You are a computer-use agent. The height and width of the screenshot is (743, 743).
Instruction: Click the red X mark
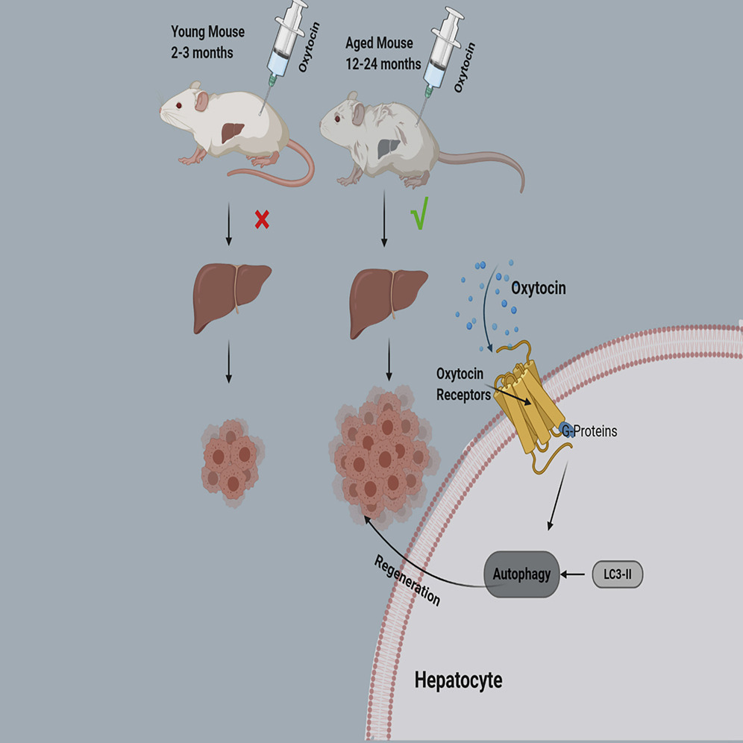[x=261, y=220]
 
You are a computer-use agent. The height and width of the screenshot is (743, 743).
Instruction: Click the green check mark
[x=418, y=217]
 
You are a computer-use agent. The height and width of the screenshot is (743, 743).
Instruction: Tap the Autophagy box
[x=522, y=574]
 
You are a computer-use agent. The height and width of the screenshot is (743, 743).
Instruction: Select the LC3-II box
[x=617, y=574]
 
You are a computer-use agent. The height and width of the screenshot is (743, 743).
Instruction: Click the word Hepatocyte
[x=458, y=680]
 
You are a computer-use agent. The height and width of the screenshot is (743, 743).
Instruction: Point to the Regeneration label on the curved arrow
[x=407, y=579]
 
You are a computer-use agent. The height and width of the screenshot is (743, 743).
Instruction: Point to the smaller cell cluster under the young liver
[x=231, y=458]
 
